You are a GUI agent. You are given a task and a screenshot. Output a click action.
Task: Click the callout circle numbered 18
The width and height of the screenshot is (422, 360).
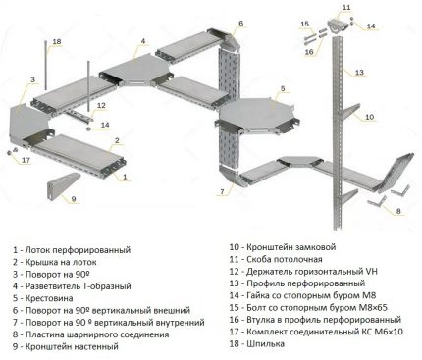point(56,41)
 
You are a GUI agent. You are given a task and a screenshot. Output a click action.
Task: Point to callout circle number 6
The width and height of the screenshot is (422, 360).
point(240,22)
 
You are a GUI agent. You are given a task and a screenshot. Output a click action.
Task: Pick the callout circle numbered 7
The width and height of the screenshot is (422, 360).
point(224,190)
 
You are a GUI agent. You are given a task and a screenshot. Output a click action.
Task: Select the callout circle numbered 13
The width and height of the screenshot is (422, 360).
point(359,72)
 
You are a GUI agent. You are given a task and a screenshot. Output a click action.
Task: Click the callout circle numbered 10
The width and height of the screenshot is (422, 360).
point(369,118)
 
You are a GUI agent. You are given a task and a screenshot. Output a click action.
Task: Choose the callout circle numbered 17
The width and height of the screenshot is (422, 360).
point(26,159)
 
